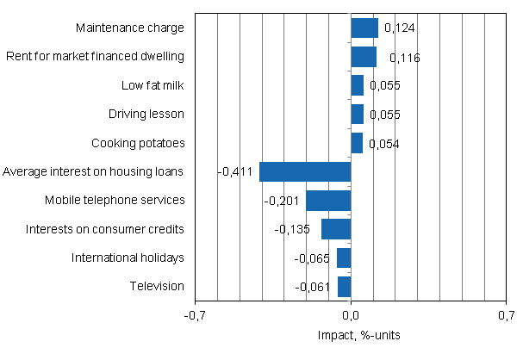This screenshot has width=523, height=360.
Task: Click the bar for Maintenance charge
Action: pyautogui.click(x=364, y=28)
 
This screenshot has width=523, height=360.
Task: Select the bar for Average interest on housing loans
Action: pyautogui.click(x=305, y=171)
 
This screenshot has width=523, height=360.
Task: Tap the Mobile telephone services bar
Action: pyautogui.click(x=328, y=201)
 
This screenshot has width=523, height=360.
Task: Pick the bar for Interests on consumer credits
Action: pyautogui.click(x=336, y=229)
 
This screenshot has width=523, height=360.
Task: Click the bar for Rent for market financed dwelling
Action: pyautogui.click(x=364, y=57)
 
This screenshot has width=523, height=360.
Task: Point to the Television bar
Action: pyautogui.click(x=344, y=287)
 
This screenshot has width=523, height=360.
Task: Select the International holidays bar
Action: pyautogui.click(x=344, y=258)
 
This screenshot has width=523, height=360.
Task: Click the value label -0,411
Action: pyautogui.click(x=235, y=172)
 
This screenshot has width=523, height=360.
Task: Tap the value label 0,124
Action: pyautogui.click(x=399, y=28)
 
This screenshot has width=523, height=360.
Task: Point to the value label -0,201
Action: pyautogui.click(x=282, y=202)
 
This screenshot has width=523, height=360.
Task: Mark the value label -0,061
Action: pyautogui.click(x=313, y=288)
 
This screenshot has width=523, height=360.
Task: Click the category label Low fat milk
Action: pyautogui.click(x=153, y=85)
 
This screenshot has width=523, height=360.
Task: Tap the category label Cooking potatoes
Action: pyautogui.click(x=138, y=143)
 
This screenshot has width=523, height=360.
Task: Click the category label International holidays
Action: pyautogui.click(x=128, y=258)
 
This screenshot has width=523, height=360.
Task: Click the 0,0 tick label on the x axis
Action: pyautogui.click(x=351, y=316)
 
